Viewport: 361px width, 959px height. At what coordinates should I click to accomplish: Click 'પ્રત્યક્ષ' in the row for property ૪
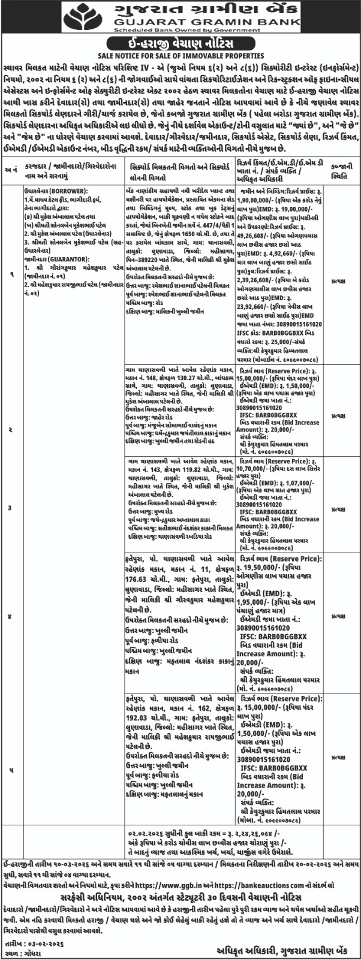(339, 599)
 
